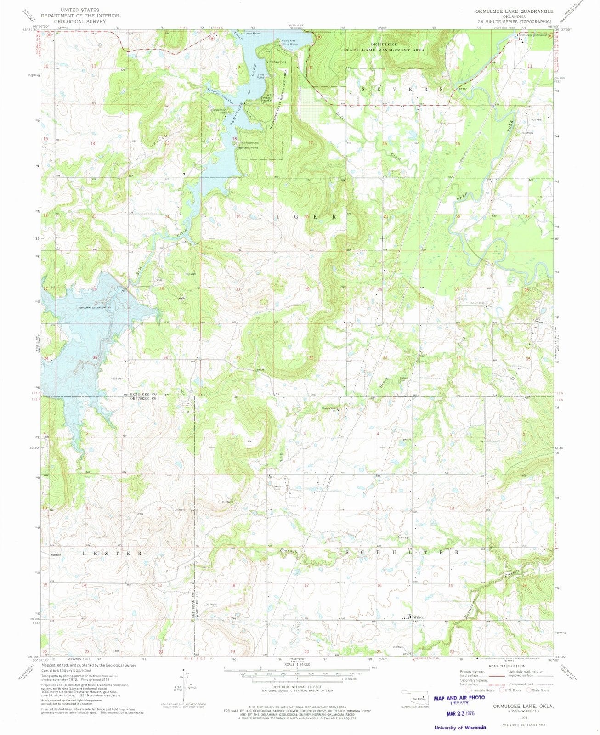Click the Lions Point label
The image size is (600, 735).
point(252,33)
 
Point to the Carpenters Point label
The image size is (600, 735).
point(219,111)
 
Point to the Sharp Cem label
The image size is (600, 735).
point(478,303)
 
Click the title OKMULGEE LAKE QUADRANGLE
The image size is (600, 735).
point(515,11)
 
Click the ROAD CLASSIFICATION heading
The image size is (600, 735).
point(506,666)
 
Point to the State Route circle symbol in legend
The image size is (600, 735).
point(529,690)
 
